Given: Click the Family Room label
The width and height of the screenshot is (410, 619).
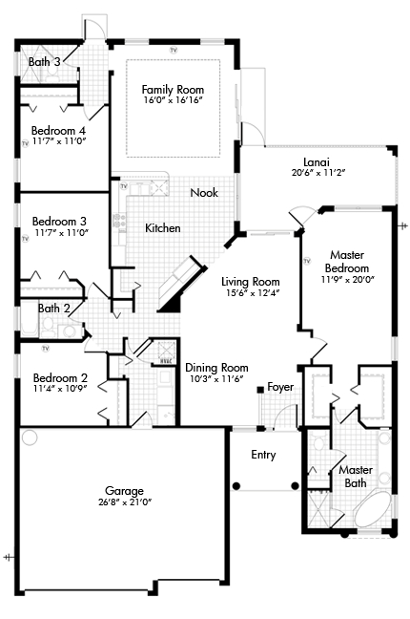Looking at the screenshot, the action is pos(173,90).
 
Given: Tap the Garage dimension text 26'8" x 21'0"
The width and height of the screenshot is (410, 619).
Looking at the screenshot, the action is pos(125,502).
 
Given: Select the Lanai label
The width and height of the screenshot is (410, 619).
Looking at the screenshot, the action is pos(317,162).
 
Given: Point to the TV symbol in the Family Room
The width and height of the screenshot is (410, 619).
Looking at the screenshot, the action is pos(174,50).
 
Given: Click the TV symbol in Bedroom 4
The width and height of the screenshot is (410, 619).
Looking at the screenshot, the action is pos(25,143).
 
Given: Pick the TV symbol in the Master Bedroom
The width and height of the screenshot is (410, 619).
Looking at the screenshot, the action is pos(307,261).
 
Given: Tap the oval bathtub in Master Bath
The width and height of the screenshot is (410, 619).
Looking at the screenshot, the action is pos(371,508).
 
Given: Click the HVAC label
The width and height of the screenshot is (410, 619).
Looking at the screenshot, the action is pos(165,361).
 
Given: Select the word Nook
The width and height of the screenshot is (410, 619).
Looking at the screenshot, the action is pos(204,193).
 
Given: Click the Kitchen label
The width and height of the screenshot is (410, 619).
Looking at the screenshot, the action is pos(163,227).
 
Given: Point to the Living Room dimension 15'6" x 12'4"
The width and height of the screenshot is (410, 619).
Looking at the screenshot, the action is pos(251,293).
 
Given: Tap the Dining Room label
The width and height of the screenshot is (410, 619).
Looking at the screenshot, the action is pos(216,368).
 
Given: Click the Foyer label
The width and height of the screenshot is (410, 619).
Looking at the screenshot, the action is pos(280,387).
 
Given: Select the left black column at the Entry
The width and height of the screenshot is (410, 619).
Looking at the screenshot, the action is pos(236,486).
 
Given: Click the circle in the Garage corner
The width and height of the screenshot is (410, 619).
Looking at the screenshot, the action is pos(30,438).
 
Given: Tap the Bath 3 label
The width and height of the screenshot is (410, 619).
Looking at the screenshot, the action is pos(44,61).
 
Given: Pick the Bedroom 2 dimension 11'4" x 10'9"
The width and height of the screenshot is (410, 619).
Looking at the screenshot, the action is pos(60,388).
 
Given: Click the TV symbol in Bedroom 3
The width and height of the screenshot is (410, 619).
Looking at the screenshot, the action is pos(25,239).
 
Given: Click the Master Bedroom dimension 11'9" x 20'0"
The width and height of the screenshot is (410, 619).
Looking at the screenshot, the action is pos(347,280).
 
